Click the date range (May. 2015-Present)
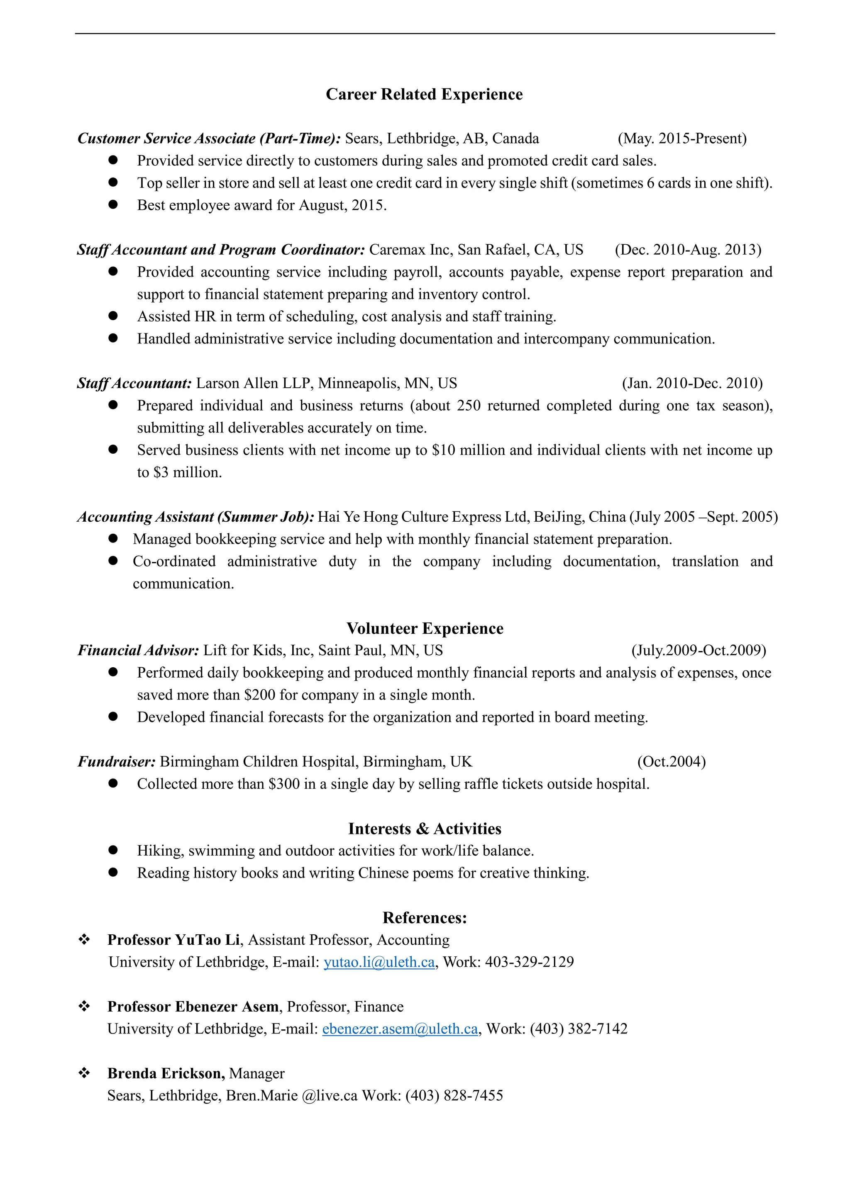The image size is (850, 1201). (x=682, y=139)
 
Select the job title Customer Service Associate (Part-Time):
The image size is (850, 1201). (x=209, y=139)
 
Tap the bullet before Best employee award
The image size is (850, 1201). (x=113, y=204)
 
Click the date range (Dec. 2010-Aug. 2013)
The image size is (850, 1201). (x=688, y=250)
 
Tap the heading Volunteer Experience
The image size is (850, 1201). (x=425, y=628)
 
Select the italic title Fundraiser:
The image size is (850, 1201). (x=116, y=761)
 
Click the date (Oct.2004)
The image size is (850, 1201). (x=671, y=761)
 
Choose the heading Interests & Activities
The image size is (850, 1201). (x=425, y=829)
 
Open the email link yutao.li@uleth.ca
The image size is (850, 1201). (x=379, y=962)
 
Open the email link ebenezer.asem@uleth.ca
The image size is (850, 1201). (x=400, y=1029)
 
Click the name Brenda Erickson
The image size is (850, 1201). (x=166, y=1073)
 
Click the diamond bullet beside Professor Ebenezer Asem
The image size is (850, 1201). (x=84, y=1007)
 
